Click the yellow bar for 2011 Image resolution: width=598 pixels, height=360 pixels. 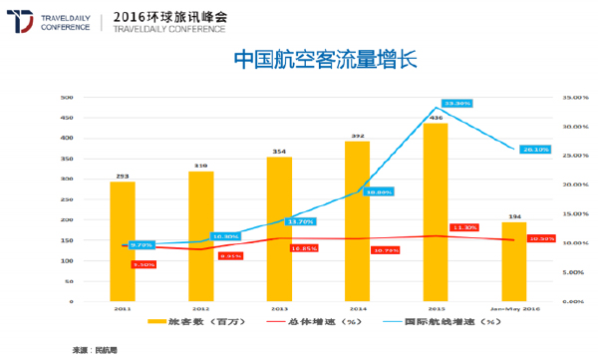pyautogui.click(x=123, y=240)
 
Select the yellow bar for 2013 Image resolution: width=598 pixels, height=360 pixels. pyautogui.click(x=279, y=228)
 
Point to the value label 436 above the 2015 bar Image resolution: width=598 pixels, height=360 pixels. pyautogui.click(x=435, y=118)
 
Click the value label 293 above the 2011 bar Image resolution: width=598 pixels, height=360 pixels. pyautogui.click(x=123, y=177)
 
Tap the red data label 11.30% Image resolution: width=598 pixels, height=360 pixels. pyautogui.click(x=464, y=227)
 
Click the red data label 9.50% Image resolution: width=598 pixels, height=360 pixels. pyautogui.click(x=145, y=264)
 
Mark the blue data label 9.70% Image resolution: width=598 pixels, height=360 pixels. pyautogui.click(x=142, y=243)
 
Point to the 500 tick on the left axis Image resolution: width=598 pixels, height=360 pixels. pyautogui.click(x=67, y=98)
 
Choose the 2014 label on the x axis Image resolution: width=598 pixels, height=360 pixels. pyautogui.click(x=357, y=309)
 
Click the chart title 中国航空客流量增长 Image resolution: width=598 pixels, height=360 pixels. pyautogui.click(x=325, y=58)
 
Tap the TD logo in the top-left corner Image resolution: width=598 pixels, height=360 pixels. pyautogui.click(x=23, y=22)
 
